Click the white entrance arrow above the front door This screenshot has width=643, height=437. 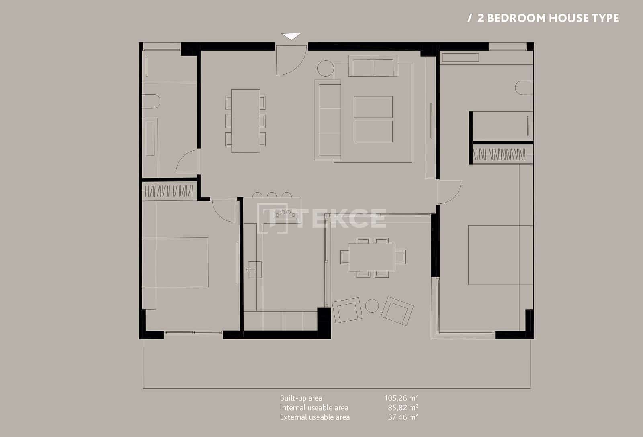291,36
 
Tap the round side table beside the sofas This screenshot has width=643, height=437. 326,68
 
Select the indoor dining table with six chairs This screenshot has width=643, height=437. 246,121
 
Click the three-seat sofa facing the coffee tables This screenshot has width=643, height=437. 328,120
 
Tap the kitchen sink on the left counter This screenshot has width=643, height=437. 254,269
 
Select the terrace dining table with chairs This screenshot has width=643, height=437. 372,257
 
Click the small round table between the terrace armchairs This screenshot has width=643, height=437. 372,306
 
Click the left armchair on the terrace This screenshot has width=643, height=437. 347,310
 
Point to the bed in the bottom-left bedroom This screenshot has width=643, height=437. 182,262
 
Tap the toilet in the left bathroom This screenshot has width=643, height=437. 151,102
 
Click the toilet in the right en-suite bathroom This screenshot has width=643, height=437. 524,88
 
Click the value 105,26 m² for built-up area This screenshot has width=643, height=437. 401,398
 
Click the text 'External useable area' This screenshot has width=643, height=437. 315,417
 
